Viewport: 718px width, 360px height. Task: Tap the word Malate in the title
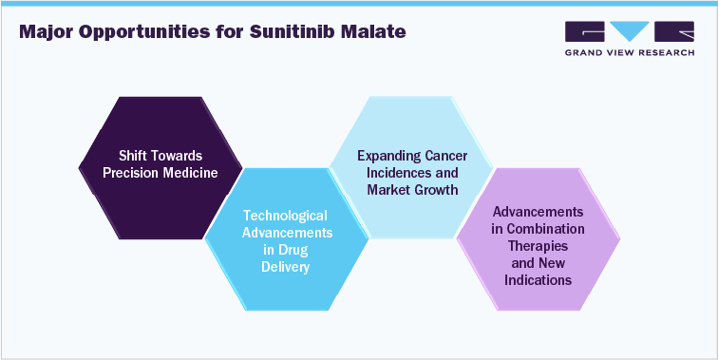(369, 32)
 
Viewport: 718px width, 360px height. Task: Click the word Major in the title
(47, 32)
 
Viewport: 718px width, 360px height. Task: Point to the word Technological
(286, 217)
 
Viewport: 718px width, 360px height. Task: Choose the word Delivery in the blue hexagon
(286, 268)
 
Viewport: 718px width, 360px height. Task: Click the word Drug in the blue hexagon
(300, 251)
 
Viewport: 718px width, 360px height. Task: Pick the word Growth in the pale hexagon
(434, 190)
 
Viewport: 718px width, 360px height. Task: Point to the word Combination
(545, 229)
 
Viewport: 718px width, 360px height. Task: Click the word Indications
(538, 280)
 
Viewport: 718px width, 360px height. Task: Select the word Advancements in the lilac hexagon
(538, 212)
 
